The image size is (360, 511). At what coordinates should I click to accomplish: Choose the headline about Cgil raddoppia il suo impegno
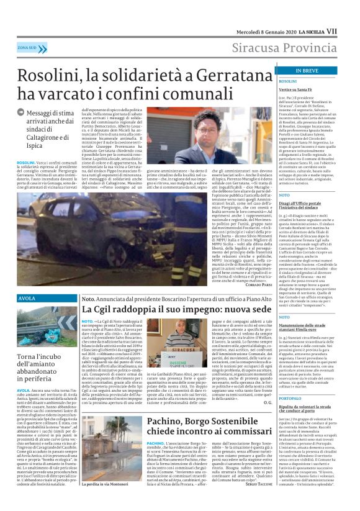(179, 309)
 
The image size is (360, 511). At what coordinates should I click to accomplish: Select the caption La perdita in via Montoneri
(109, 500)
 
